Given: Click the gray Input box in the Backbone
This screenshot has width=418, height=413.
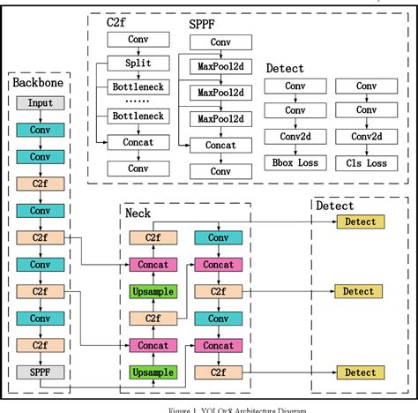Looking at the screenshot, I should click(x=33, y=102).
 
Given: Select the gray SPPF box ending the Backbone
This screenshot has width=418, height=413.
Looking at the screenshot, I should click(x=33, y=372).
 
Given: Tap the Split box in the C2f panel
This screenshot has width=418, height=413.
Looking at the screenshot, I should click(x=138, y=64).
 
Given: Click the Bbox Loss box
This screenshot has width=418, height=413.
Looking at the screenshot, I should click(x=284, y=162).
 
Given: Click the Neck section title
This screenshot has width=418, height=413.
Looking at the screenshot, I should click(x=138, y=213).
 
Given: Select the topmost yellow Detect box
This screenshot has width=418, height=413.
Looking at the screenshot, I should click(x=359, y=222).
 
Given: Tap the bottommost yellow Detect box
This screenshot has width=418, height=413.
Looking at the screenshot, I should click(x=359, y=373).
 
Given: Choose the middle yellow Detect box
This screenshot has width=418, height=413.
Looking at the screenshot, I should click(x=359, y=291).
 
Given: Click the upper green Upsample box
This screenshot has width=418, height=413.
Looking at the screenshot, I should click(x=152, y=291).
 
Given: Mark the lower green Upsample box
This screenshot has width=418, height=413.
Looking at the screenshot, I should click(x=152, y=373).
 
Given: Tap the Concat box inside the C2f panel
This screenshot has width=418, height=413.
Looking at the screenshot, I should click(x=138, y=141).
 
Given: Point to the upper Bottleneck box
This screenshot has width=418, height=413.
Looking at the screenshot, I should click(x=138, y=86).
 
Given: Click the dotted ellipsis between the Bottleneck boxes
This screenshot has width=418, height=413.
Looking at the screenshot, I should click(x=138, y=101).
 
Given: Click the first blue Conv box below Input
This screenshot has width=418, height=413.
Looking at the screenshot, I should click(x=33, y=130).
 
